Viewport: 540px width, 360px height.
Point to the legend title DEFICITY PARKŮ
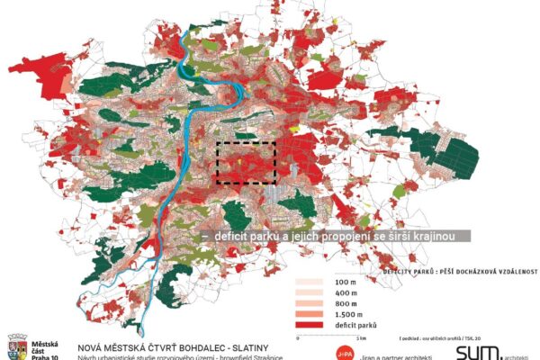click(x=409, y=270)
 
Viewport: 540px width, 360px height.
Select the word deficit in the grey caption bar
click(x=230, y=236)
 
